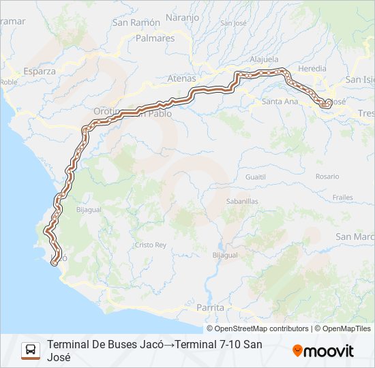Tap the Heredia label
coord(312,69)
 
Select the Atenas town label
coord(181,78)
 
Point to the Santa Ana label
coord(280,102)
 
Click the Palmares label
coord(155,38)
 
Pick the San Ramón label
coord(136,22)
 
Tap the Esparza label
coord(39,71)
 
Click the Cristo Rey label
coord(150,245)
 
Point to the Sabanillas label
coord(242,202)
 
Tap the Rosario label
coord(327,177)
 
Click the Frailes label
coord(342,197)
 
